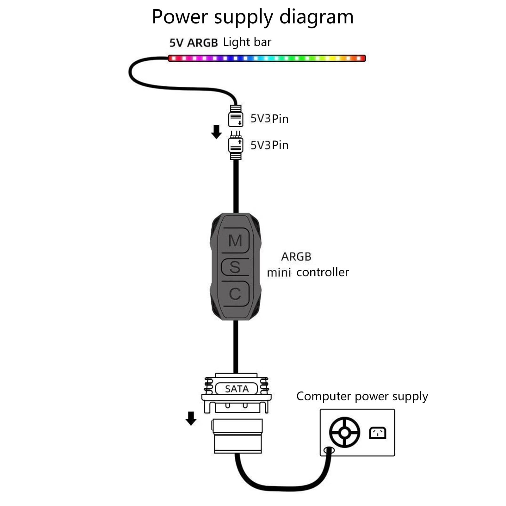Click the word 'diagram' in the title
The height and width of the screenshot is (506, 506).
pos(316,17)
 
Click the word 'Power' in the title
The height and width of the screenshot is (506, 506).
pos(180,17)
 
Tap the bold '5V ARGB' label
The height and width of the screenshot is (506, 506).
pos(194,42)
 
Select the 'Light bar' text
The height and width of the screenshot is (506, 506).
pos(247,42)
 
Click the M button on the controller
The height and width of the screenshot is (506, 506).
pos(235,241)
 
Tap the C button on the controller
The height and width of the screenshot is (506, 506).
pos(235,294)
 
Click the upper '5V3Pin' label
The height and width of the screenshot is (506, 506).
pos(269,119)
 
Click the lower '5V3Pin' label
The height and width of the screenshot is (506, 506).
pos(269,145)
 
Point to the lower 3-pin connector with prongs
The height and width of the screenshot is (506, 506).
pos(236,145)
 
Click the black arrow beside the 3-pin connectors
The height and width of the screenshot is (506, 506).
pos(216,132)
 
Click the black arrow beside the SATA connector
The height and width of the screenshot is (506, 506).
pos(191,418)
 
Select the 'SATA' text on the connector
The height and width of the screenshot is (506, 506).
pos(237,389)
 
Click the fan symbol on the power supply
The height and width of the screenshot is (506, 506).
pos(344,432)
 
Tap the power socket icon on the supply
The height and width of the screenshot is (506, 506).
pos(378,433)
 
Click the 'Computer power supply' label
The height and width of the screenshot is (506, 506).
pos(362,396)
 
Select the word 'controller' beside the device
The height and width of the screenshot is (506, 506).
pos(323,272)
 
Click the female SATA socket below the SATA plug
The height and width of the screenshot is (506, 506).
pos(237,436)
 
